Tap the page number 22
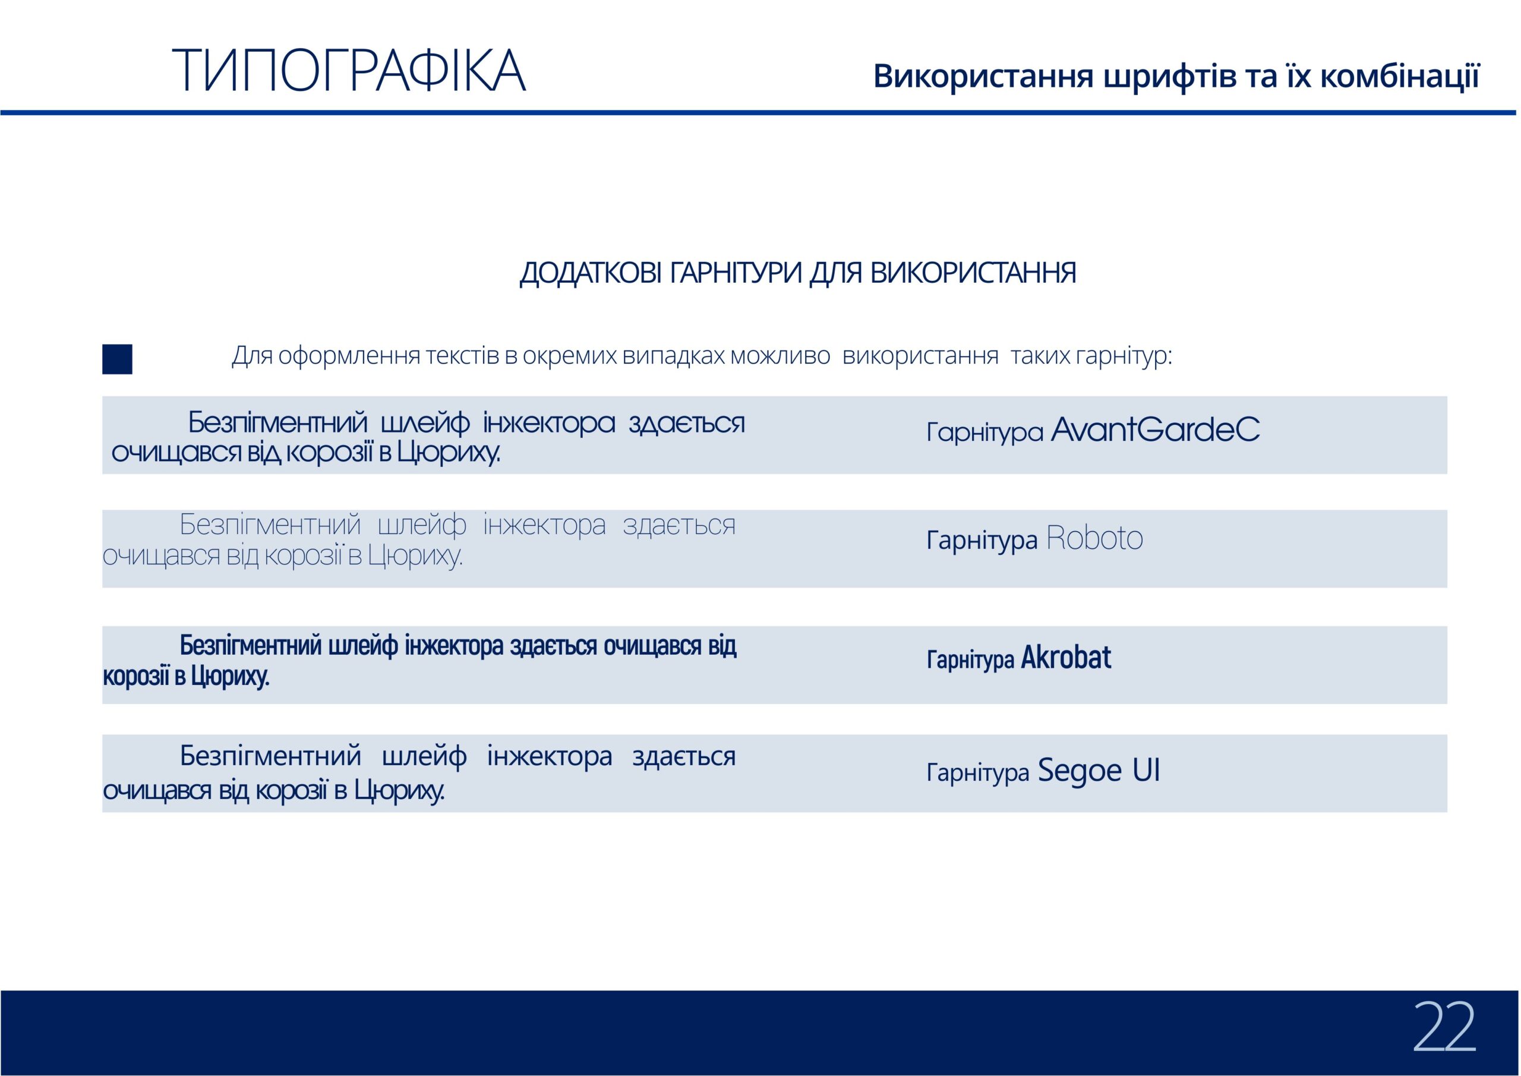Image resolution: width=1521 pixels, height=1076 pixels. [1446, 1027]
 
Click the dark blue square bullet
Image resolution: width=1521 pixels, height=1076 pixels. [117, 359]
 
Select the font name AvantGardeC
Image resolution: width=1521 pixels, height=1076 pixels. [1156, 430]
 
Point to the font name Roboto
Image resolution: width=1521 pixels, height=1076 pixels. [1094, 538]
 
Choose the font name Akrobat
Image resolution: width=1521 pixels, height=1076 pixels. [1066, 657]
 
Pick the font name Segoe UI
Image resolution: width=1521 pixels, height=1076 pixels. [1099, 770]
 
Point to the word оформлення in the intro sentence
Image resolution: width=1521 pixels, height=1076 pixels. [348, 356]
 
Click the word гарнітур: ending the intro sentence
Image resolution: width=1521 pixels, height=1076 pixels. [1124, 356]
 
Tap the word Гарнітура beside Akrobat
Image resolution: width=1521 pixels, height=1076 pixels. [970, 660]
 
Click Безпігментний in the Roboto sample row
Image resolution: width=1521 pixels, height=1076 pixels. [270, 525]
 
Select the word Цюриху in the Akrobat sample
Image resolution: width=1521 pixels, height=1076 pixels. [230, 677]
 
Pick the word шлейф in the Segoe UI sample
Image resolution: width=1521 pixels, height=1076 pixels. [425, 756]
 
